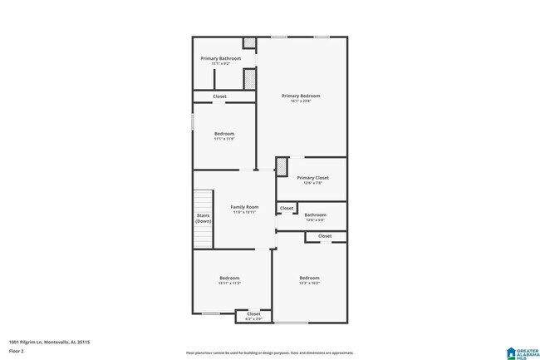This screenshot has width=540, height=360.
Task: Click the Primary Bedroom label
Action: [x=301, y=96]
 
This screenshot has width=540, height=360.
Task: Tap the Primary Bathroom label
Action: [x=221, y=58]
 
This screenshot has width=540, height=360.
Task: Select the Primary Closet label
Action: [x=313, y=178]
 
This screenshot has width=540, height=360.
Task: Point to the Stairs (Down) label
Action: [x=204, y=218]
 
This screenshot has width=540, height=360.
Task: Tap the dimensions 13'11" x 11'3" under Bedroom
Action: [x=229, y=284]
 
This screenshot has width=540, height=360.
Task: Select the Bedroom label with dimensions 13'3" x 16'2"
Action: [x=309, y=278]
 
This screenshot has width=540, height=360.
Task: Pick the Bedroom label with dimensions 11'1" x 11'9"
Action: [x=224, y=134]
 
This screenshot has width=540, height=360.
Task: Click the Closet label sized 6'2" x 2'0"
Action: [x=253, y=314]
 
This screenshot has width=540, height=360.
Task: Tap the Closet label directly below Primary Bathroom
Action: [x=219, y=96]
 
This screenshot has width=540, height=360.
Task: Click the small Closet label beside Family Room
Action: [x=286, y=208]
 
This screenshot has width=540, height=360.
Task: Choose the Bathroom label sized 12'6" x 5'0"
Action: [x=315, y=215]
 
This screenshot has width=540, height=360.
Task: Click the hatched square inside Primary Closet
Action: [x=281, y=165]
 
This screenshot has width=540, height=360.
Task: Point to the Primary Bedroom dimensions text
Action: [x=301, y=101]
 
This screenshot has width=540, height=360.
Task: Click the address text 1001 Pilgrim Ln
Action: [x=49, y=342]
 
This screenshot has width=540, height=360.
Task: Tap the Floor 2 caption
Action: [x=17, y=352]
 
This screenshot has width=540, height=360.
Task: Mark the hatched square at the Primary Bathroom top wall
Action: [x=248, y=43]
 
